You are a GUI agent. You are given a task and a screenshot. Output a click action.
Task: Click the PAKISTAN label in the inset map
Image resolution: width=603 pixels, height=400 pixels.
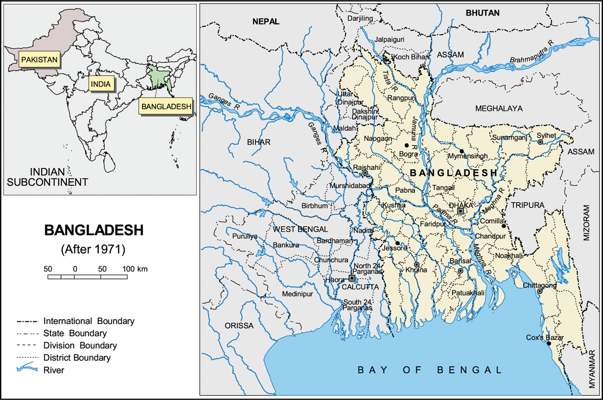click(x=39, y=59)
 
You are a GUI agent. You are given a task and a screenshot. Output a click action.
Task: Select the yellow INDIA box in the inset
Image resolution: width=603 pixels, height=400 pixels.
click(x=101, y=84)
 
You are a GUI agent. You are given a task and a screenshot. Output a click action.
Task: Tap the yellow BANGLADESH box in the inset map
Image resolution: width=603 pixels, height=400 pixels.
click(x=166, y=106)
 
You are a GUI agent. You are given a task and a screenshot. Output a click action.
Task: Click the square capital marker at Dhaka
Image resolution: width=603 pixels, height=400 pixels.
click(x=460, y=211)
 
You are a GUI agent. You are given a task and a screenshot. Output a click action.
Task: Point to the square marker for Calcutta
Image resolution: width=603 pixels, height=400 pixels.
click(x=352, y=278)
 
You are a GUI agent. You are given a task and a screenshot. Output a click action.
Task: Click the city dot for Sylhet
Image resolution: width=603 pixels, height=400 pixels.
click(x=540, y=142)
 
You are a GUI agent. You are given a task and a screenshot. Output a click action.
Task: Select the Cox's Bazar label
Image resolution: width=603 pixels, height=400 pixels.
click(x=544, y=337)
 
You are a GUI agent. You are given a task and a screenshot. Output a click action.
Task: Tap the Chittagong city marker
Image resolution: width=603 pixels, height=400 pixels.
click(x=540, y=291)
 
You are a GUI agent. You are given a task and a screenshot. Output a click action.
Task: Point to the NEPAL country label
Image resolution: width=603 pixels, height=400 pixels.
click(x=266, y=22)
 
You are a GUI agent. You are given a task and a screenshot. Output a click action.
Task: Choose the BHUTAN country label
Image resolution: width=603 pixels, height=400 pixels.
click(x=482, y=13)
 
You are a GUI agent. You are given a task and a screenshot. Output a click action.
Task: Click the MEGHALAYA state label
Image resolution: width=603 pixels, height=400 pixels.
click(x=499, y=109)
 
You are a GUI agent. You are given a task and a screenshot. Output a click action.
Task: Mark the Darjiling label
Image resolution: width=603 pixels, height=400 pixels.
click(x=360, y=18)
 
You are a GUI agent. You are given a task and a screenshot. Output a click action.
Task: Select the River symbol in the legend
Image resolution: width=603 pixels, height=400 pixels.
click(x=27, y=368)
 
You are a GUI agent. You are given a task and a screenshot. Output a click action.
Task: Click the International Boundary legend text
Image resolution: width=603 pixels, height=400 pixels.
click(x=89, y=321)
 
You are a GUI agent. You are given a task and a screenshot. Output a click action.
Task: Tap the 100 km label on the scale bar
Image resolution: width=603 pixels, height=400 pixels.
click(x=135, y=269)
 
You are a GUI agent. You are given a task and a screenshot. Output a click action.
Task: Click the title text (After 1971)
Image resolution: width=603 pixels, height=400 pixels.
click(x=93, y=249)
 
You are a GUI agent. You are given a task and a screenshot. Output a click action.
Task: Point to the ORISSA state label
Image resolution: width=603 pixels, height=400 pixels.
click(x=239, y=326)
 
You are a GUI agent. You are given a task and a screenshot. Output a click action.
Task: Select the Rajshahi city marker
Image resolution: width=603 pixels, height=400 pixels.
click(x=365, y=173)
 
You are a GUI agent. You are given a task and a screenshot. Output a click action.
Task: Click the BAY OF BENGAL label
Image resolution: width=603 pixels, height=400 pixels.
click(x=429, y=370)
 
